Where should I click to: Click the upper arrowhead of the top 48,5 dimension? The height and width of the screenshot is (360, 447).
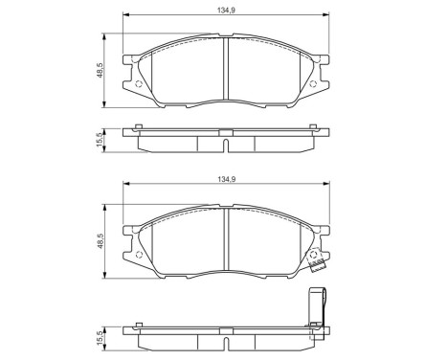pos(104,35)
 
